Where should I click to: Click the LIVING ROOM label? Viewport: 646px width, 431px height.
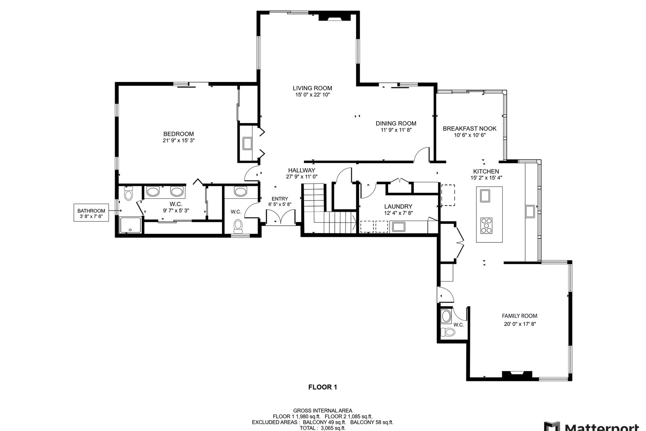313,88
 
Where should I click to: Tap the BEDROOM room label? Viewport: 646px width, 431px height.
178,134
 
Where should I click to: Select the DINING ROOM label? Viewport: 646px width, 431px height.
396,124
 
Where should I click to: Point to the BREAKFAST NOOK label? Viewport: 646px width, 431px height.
470,129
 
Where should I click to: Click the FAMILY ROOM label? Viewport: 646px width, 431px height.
520,316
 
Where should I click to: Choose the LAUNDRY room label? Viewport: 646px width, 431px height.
398,206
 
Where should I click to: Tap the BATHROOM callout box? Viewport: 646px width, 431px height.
91,213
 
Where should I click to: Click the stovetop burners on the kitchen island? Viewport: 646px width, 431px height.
487,225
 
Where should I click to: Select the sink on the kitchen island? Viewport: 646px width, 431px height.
485,196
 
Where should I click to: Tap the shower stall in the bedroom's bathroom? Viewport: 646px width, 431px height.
130,225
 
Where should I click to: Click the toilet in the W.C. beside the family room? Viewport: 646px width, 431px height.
448,332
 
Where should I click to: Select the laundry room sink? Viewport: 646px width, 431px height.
399,227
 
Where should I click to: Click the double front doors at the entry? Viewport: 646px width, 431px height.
281,217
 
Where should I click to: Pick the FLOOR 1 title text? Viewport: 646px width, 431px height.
323,387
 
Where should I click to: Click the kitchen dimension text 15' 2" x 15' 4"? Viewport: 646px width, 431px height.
486,178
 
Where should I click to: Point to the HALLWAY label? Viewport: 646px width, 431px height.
302,170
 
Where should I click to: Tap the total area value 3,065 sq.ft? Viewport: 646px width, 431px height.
333,428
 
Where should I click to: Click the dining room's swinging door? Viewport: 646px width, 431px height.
422,154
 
